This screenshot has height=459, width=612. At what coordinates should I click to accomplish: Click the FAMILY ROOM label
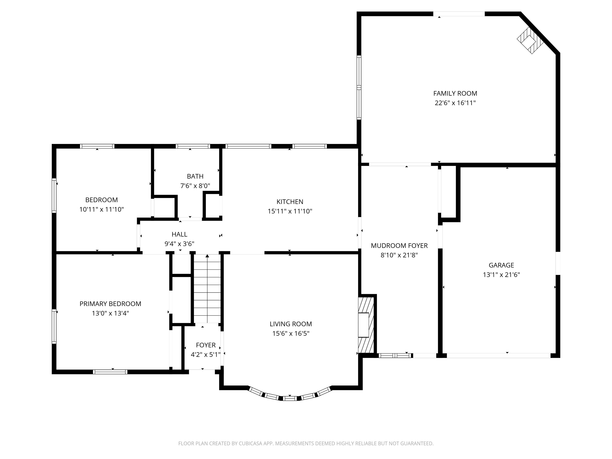[455, 93]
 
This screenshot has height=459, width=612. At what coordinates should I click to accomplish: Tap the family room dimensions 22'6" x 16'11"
[455, 103]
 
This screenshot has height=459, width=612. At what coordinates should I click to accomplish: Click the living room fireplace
[366, 325]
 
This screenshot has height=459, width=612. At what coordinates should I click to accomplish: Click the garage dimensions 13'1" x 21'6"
[501, 275]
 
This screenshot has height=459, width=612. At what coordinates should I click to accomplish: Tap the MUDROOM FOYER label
[399, 246]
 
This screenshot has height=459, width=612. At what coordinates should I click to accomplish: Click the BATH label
[195, 177]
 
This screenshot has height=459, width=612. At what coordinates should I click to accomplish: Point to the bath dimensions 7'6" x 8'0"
[195, 186]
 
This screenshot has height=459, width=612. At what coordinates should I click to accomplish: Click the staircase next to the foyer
[207, 289]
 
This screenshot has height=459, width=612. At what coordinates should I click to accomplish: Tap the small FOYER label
[206, 345]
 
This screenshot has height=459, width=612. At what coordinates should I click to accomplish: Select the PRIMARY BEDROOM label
[110, 304]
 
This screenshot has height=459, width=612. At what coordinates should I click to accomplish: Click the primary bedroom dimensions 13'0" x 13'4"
[110, 313]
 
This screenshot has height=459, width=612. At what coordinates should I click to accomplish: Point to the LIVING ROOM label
[290, 324]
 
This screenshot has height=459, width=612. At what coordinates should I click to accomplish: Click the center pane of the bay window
[290, 399]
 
